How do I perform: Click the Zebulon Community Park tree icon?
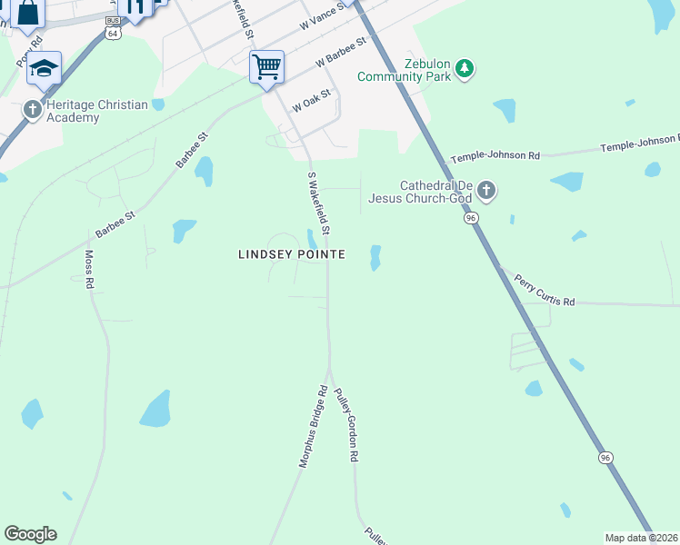pyautogui.click(x=465, y=69)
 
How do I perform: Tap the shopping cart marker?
pyautogui.click(x=266, y=66)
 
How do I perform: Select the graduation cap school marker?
pyautogui.click(x=43, y=67)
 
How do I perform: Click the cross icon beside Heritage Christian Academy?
pyautogui.click(x=33, y=110)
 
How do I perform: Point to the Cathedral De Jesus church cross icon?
pyautogui.click(x=486, y=191)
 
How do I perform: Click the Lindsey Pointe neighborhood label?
pyautogui.click(x=291, y=255)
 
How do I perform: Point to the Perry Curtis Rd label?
pyautogui.click(x=544, y=290)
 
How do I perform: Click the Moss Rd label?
pyautogui.click(x=89, y=269)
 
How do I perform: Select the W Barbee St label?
pyautogui.click(x=340, y=52)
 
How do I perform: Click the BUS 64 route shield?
pyautogui.click(x=112, y=27)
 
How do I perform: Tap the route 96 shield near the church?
pyautogui.click(x=470, y=219)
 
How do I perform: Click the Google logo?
pyautogui.click(x=30, y=534)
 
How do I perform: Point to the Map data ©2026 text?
pyautogui.click(x=642, y=538)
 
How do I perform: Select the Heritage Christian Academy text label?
pyautogui.click(x=91, y=111)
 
